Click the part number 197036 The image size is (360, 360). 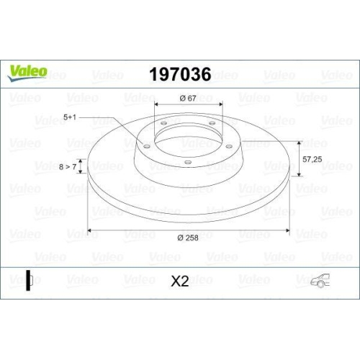[x=179, y=74]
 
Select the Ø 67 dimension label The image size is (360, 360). [x=189, y=99]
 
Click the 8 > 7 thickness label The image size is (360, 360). [x=68, y=167]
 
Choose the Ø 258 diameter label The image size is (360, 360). [x=189, y=238]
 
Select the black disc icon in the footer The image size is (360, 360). [x=28, y=280]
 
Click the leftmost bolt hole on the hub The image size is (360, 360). [x=147, y=147]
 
